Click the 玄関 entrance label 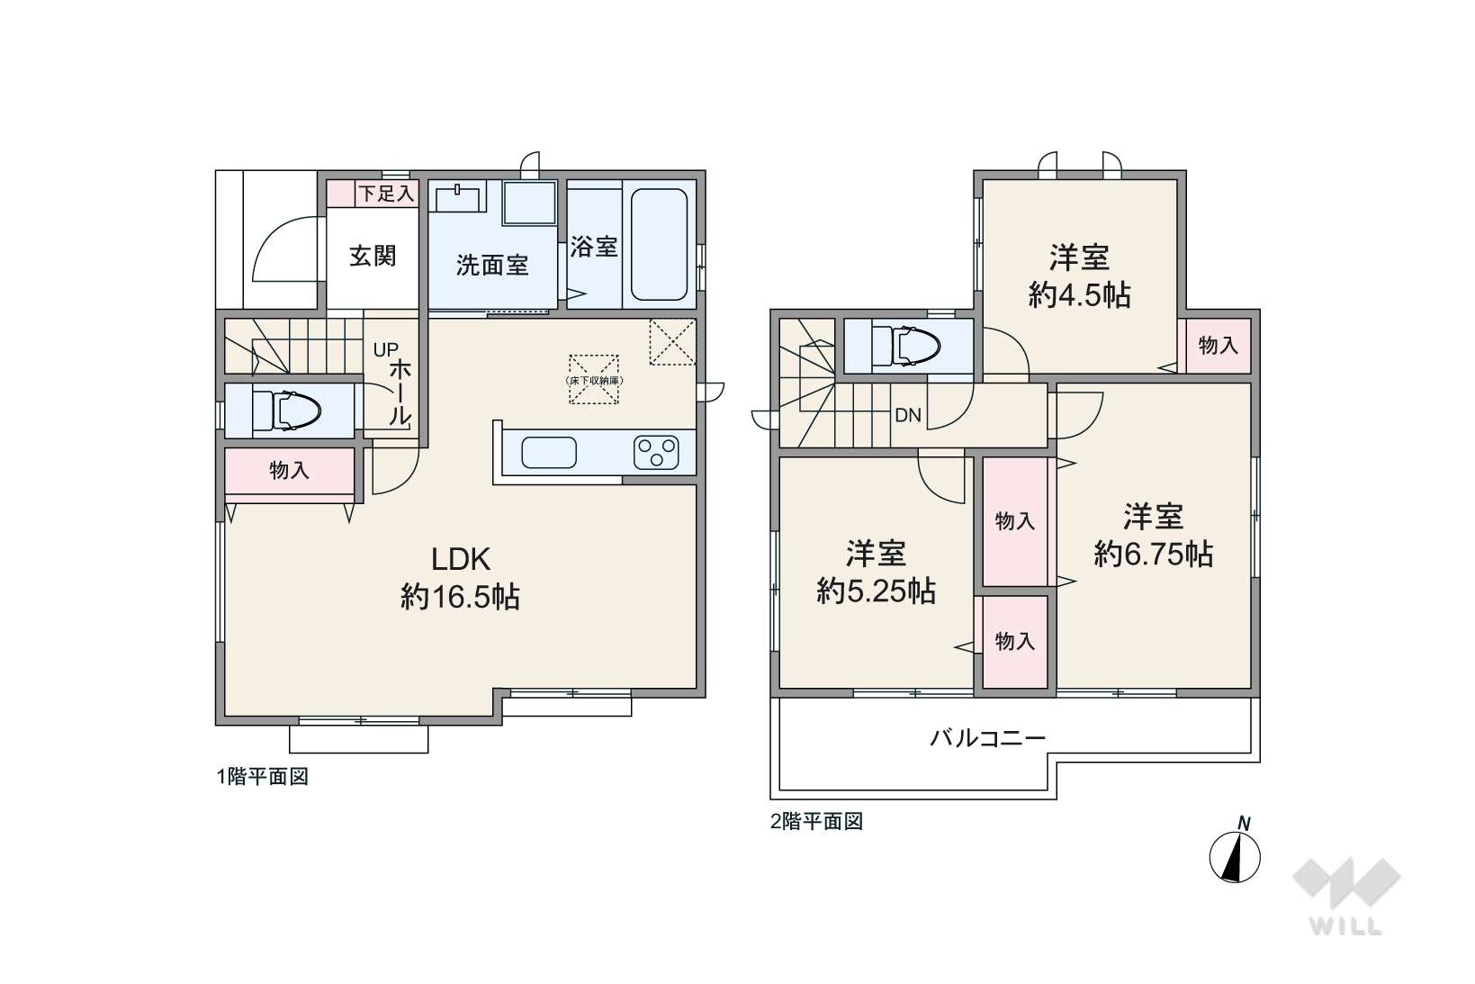click(x=373, y=257)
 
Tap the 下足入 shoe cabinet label click(x=387, y=194)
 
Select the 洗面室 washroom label click(x=492, y=266)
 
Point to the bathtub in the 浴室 click(x=659, y=244)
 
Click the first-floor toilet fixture click(x=286, y=411)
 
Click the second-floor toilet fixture click(x=905, y=347)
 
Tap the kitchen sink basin click(x=549, y=453)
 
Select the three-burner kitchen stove click(x=657, y=452)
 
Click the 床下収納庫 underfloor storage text click(x=594, y=381)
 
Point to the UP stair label click(x=386, y=349)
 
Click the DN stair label click(x=908, y=415)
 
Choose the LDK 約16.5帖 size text click(x=461, y=579)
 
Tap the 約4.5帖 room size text click(x=1080, y=295)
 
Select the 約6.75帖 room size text click(x=1154, y=555)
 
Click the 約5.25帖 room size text click(x=877, y=591)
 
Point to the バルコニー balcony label click(x=988, y=737)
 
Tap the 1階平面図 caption click(x=263, y=777)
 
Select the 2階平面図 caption click(x=816, y=822)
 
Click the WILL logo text click(x=1346, y=926)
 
